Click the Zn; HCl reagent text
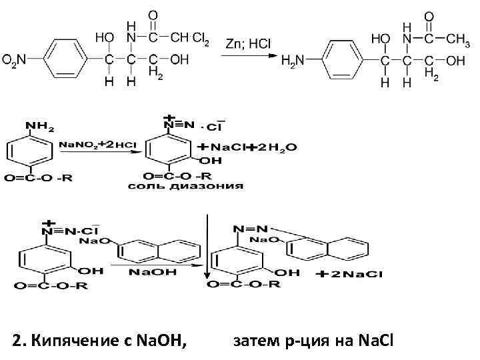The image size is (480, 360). point(247,43)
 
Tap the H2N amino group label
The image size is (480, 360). point(293,61)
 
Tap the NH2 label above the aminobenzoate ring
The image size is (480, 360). point(40,126)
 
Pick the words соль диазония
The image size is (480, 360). point(185,186)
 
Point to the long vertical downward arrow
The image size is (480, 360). point(207,247)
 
